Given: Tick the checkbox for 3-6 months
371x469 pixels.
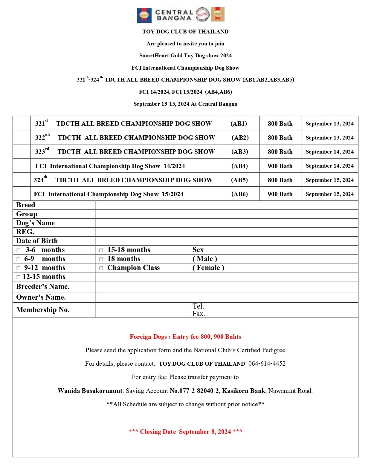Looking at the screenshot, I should (19, 250).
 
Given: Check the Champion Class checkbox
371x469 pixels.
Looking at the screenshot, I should (101, 268).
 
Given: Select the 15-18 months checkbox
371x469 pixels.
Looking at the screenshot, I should (101, 250).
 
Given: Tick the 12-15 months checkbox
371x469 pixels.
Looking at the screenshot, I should (19, 277).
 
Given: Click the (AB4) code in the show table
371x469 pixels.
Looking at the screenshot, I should (239, 166).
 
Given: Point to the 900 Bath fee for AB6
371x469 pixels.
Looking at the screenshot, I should (280, 194).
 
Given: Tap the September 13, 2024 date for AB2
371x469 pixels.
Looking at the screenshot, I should (329, 138).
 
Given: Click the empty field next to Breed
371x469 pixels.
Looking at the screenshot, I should (227, 205).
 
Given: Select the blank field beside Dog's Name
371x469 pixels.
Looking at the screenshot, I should (227, 223).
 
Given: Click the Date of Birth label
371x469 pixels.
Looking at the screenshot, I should (37, 241).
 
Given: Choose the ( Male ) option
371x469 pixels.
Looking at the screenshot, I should (205, 259).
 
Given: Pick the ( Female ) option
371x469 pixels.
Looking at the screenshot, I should (208, 268).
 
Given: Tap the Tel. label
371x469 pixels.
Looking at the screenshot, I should (198, 306).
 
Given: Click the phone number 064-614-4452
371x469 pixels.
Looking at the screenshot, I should (267, 364).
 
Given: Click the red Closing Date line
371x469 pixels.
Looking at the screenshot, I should (185, 432).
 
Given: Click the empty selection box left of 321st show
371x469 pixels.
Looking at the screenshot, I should (22, 123).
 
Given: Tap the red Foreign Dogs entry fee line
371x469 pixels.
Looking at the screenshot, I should (185, 337).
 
